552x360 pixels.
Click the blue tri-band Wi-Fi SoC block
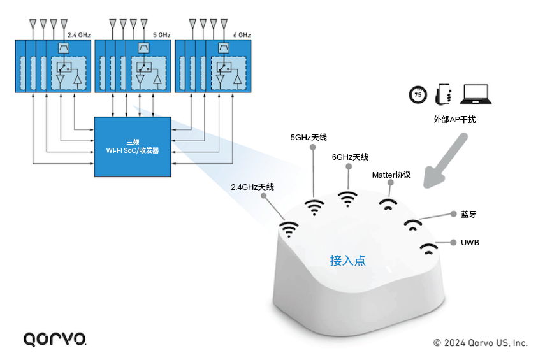point(133,147)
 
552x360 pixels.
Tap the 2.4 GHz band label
point(79,35)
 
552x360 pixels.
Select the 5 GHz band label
point(162,35)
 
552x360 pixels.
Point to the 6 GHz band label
point(242,35)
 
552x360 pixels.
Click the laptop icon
point(476,94)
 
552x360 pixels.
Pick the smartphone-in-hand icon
point(443,94)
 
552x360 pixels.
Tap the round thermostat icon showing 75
point(418,94)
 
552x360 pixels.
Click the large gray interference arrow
point(445,161)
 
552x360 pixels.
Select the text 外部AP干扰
point(454,119)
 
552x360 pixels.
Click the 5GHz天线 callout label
point(309,137)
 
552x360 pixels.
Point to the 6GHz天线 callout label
point(350,157)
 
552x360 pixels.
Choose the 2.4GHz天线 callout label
point(252,187)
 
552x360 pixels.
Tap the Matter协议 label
point(391,175)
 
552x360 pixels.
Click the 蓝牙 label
point(468,214)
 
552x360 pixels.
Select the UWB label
point(470,243)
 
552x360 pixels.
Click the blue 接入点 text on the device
point(348,261)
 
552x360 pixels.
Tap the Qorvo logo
point(55,339)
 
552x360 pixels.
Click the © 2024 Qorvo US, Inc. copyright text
point(480,343)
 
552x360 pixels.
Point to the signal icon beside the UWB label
point(429,248)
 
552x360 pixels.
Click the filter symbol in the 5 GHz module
point(143,48)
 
